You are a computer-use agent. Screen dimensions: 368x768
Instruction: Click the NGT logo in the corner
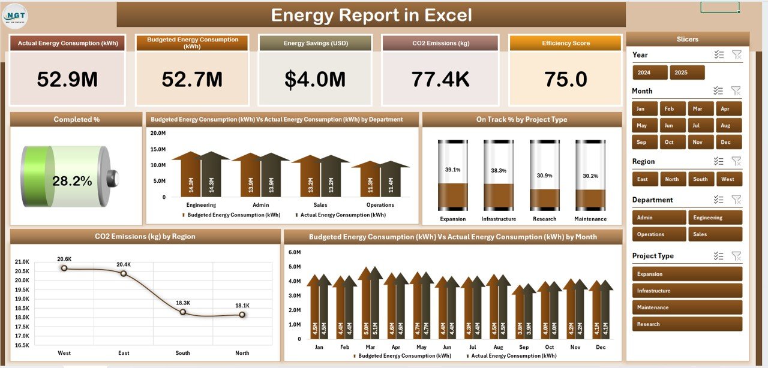(x=15, y=14)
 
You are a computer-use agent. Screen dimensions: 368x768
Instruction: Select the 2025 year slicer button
(x=687, y=73)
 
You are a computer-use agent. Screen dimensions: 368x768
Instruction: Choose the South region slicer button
(x=700, y=179)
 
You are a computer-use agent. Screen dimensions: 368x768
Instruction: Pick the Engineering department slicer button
(x=715, y=218)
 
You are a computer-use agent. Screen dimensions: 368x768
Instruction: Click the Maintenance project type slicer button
(x=687, y=307)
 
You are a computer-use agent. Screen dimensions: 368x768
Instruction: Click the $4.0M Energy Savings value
(x=315, y=79)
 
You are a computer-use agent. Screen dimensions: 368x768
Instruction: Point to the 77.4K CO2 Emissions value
(x=440, y=79)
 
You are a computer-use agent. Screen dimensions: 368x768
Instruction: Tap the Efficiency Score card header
(x=565, y=43)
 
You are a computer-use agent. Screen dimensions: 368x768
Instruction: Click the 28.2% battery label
(x=72, y=181)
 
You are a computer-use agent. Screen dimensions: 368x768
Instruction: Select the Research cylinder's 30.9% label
(x=545, y=176)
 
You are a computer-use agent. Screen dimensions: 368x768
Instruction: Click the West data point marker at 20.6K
(x=64, y=268)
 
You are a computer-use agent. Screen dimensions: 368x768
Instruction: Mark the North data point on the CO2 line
(x=242, y=314)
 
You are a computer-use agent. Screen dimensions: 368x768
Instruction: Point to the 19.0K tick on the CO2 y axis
(x=21, y=307)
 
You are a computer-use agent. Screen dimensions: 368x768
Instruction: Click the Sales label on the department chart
(x=320, y=205)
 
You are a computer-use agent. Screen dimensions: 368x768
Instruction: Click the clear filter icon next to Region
(x=736, y=161)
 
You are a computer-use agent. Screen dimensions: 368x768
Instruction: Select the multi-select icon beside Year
(x=719, y=55)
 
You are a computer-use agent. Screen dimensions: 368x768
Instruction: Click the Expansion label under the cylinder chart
(x=452, y=219)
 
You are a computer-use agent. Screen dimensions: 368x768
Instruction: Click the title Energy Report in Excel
(x=371, y=15)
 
